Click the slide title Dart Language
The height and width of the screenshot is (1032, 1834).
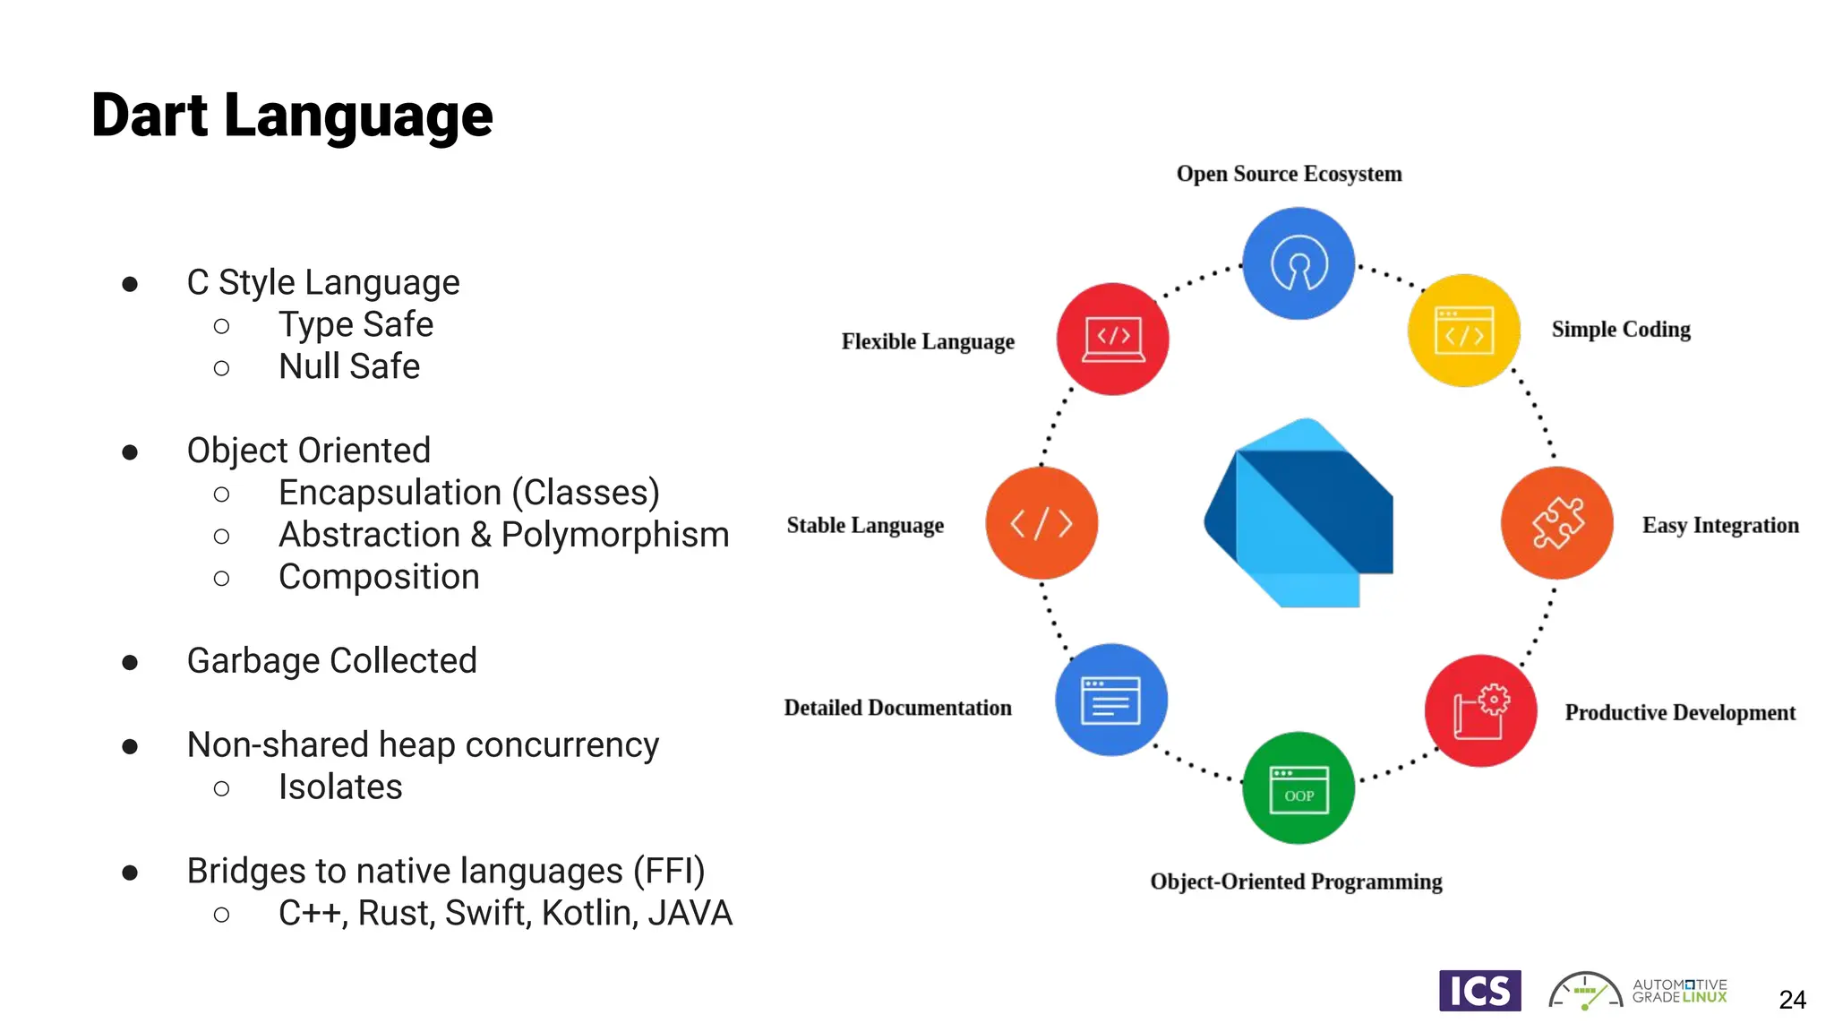(292, 116)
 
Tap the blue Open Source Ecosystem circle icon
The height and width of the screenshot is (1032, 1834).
(1298, 263)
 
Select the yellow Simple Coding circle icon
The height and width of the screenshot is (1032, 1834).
(1464, 331)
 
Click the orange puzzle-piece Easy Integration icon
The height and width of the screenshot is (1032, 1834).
(1557, 523)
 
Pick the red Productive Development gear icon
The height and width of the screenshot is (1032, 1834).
(1480, 711)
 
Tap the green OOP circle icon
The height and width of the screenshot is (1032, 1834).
(1298, 788)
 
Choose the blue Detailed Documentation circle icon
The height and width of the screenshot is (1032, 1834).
(1111, 700)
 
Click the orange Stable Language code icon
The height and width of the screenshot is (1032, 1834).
(1041, 523)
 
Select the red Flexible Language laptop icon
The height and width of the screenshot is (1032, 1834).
(1112, 340)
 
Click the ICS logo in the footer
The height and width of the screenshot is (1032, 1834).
(1479, 991)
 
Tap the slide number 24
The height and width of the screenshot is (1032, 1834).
(1792, 1000)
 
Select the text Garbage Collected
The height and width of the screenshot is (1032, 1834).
(331, 661)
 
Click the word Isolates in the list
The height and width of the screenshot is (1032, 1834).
(340, 787)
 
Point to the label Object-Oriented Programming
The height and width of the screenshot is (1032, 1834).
(1296, 881)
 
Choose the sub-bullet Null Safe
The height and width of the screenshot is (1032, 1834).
(349, 366)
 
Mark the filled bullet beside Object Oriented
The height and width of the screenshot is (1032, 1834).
(130, 452)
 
